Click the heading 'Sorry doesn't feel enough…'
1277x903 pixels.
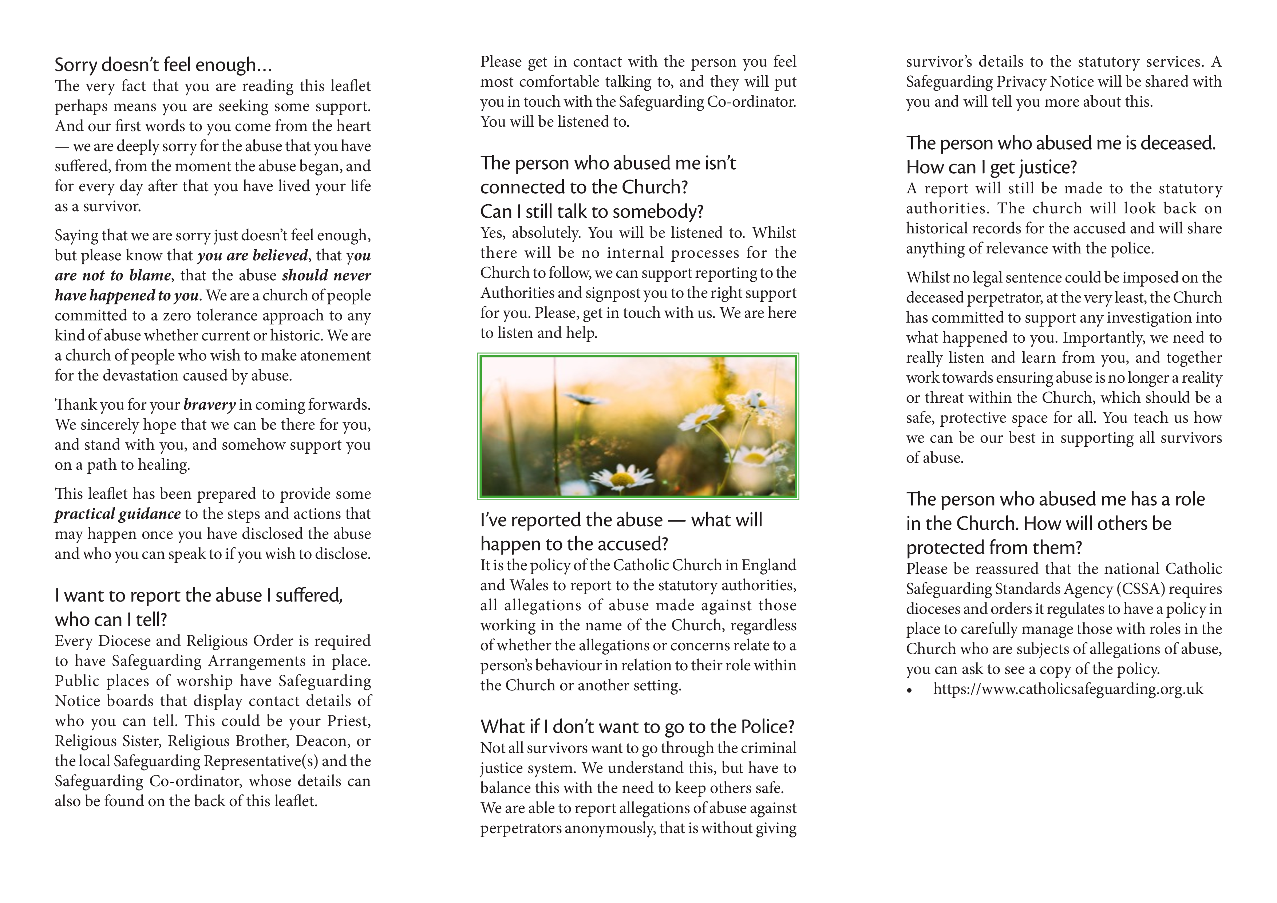tap(163, 65)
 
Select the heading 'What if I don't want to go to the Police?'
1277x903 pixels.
tap(637, 727)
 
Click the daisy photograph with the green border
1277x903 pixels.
tap(638, 426)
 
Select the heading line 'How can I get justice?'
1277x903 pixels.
tap(991, 167)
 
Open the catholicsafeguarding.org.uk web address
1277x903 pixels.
tap(1068, 689)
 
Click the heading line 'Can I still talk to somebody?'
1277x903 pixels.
tap(592, 212)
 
